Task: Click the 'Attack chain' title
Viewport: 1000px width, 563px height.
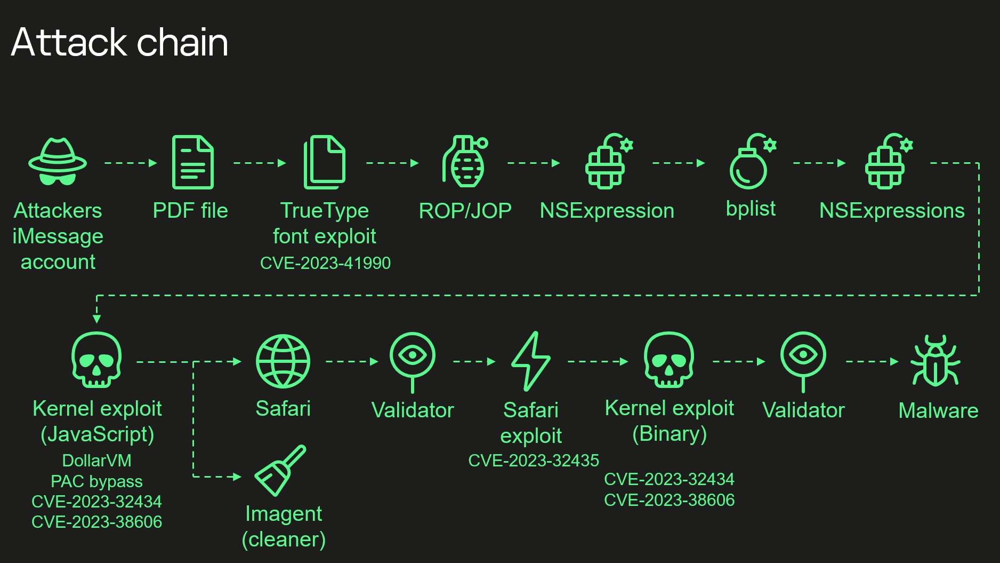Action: [x=119, y=42]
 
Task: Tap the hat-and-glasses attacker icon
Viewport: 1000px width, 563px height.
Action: [x=58, y=162]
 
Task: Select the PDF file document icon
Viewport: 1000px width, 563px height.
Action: [x=192, y=162]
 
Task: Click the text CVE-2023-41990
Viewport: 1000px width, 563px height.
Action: [x=325, y=263]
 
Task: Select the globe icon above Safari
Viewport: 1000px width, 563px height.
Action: [x=283, y=361]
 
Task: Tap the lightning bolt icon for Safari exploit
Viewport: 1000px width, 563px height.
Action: [x=530, y=361]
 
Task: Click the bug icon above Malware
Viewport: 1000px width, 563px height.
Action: [x=936, y=361]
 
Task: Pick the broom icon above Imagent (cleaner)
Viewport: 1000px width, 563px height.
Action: [x=280, y=471]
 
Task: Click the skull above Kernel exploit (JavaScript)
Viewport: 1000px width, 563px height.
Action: [x=96, y=360]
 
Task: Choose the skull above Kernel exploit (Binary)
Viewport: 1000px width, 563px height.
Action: [x=669, y=360]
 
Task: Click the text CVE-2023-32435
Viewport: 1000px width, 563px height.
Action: [x=534, y=461]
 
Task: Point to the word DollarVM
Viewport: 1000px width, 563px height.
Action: [x=96, y=461]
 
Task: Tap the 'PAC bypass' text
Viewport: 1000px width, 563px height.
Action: [x=96, y=481]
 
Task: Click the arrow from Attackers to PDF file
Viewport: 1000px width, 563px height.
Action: [x=131, y=163]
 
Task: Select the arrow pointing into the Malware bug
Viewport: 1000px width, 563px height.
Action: [x=872, y=361]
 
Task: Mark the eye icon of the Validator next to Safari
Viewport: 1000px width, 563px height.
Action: [x=412, y=355]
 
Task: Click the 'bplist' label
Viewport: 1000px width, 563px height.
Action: [x=751, y=209]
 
